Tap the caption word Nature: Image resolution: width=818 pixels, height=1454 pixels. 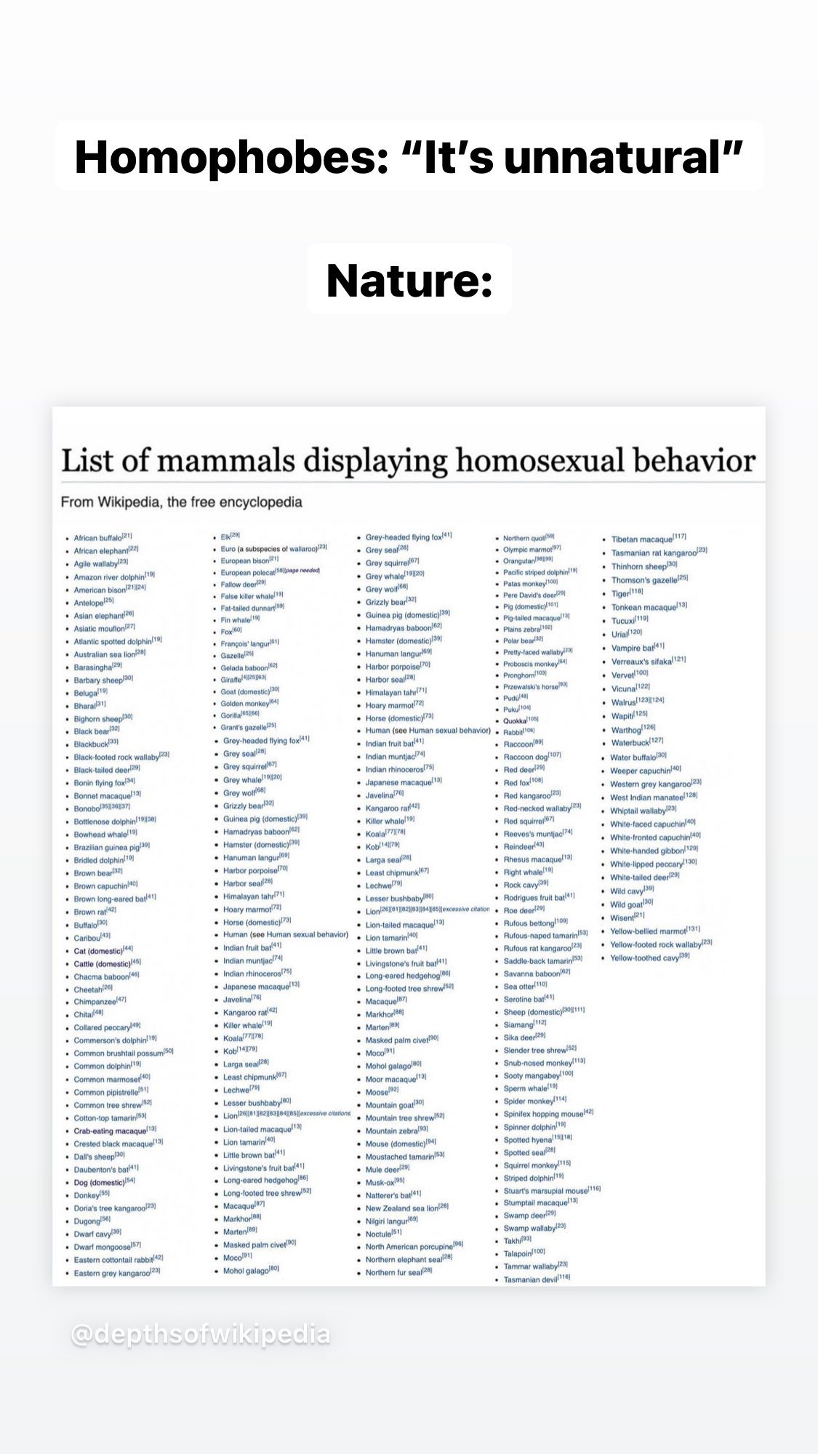point(409,281)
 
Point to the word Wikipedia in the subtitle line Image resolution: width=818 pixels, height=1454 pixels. point(129,502)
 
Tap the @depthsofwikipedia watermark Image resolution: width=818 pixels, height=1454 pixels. point(201,1335)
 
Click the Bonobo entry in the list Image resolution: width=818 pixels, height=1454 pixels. point(87,808)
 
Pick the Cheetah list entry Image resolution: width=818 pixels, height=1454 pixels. point(89,989)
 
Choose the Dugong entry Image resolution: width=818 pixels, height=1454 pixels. point(87,1221)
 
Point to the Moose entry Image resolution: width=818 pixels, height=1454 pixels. point(377,1092)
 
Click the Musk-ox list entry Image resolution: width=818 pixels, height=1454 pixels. point(380,1181)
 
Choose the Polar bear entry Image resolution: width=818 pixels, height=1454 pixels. point(518,640)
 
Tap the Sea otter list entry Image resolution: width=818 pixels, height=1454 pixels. point(519,986)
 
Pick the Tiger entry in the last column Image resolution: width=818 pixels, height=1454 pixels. point(620,593)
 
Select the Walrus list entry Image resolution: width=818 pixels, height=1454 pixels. point(624,702)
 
